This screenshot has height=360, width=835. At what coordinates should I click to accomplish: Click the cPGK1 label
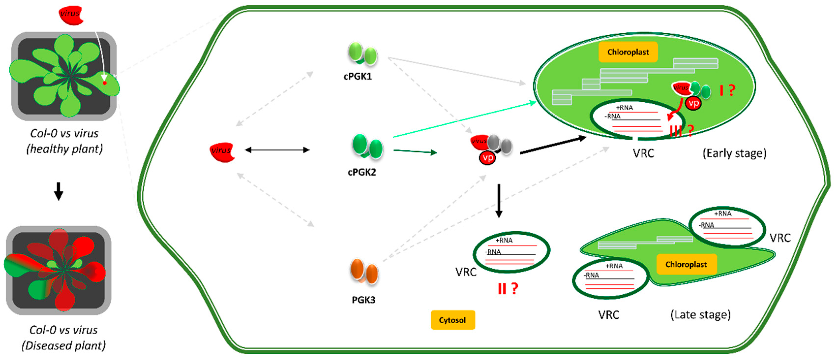tap(358, 76)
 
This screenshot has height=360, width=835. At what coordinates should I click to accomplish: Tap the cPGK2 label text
tap(362, 172)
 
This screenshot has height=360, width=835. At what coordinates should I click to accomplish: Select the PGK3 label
tap(363, 300)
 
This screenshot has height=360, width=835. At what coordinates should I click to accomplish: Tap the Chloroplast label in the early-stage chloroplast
tap(628, 52)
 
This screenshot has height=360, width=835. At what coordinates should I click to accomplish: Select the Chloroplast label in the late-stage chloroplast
tap(686, 264)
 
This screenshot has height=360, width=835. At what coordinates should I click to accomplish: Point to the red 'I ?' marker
tap(727, 90)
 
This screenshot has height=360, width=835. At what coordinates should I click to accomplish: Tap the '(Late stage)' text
tap(701, 315)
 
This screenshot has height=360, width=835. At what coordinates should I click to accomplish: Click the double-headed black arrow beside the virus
tap(277, 150)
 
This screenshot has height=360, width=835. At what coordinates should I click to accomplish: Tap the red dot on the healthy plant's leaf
tap(105, 83)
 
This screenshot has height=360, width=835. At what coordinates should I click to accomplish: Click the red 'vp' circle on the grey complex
tap(488, 158)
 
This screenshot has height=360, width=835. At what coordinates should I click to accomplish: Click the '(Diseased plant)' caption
tap(63, 346)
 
